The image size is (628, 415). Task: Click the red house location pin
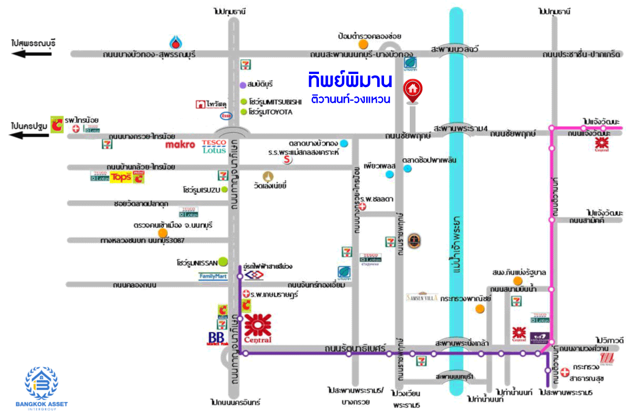tap(412, 90)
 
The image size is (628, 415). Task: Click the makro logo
tap(180, 144)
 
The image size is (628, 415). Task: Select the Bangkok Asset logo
tap(41, 386)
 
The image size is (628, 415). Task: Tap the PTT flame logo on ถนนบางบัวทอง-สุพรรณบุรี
tap(175, 41)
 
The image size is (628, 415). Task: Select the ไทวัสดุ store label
tap(208, 104)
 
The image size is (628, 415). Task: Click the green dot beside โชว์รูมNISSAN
tap(223, 260)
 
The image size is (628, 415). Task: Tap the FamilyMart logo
tap(213, 276)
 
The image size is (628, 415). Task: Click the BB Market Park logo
tap(216, 338)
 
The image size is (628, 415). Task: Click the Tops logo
tap(120, 177)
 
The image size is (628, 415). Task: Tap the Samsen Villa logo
tap(421, 297)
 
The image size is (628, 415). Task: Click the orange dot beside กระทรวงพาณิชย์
tap(480, 308)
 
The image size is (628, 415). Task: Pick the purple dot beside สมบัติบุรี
tap(243, 84)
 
